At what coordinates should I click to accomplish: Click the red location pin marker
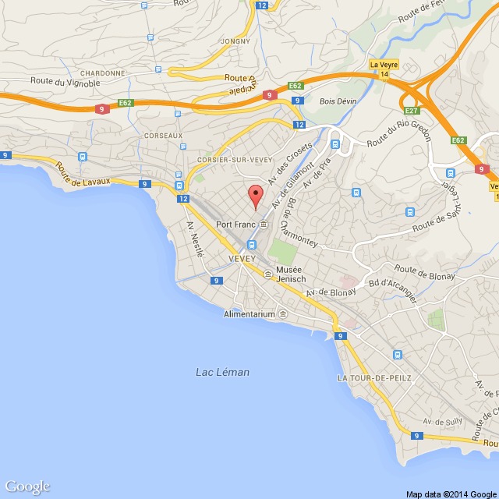pyautogui.click(x=254, y=196)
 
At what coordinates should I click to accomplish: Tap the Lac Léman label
pyautogui.click(x=222, y=373)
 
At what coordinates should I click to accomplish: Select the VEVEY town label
pyautogui.click(x=242, y=258)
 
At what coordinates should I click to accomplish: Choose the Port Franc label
pyautogui.click(x=235, y=225)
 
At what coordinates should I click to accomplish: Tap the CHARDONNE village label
pyautogui.click(x=101, y=73)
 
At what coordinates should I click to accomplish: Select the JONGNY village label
pyautogui.click(x=235, y=41)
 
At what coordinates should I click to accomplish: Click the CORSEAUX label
pyautogui.click(x=163, y=135)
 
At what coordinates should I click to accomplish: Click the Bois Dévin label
pyautogui.click(x=338, y=101)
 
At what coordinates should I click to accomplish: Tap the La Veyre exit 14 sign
pyautogui.click(x=384, y=69)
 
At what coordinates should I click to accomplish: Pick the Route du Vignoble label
pyautogui.click(x=65, y=82)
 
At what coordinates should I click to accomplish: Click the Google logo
pyautogui.click(x=27, y=487)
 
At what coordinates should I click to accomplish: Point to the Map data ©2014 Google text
pyautogui.click(x=451, y=494)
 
